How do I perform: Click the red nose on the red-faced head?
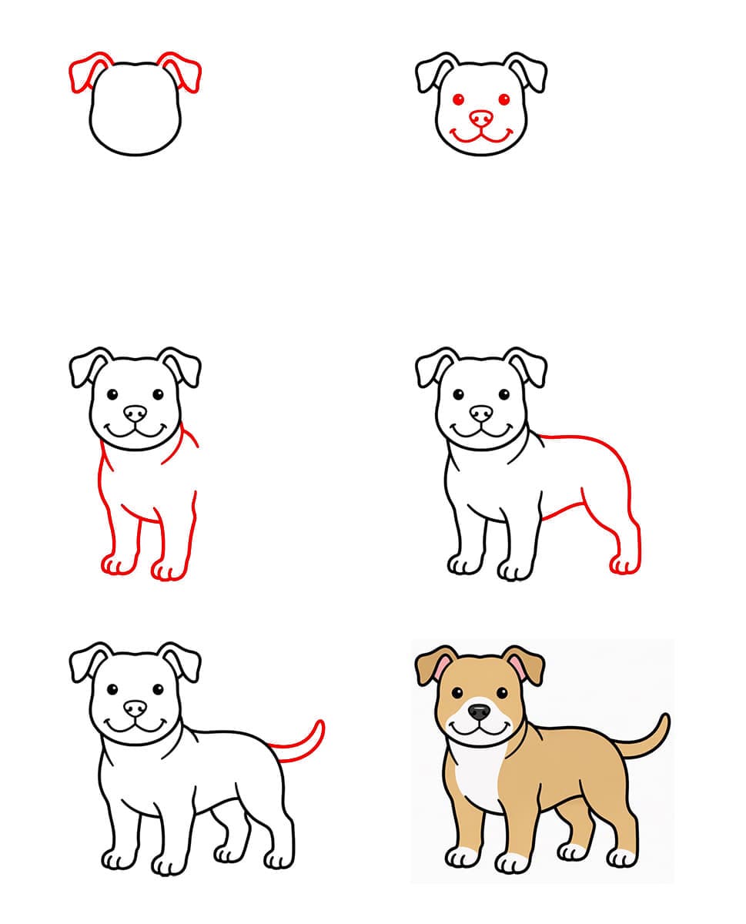pyautogui.click(x=481, y=118)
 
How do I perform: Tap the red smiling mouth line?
pyautogui.click(x=481, y=139)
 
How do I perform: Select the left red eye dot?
pyautogui.click(x=458, y=100)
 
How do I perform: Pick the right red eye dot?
pyautogui.click(x=504, y=100)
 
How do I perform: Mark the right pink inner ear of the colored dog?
pyautogui.click(x=517, y=668)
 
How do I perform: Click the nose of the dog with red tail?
pyautogui.click(x=135, y=707)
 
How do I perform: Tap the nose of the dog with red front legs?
pyautogui.click(x=135, y=413)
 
